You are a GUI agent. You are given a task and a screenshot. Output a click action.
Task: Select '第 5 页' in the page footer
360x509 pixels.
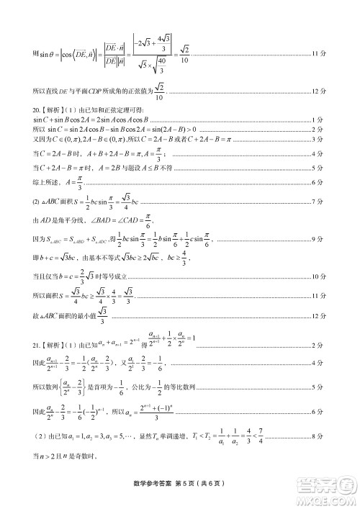188,482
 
